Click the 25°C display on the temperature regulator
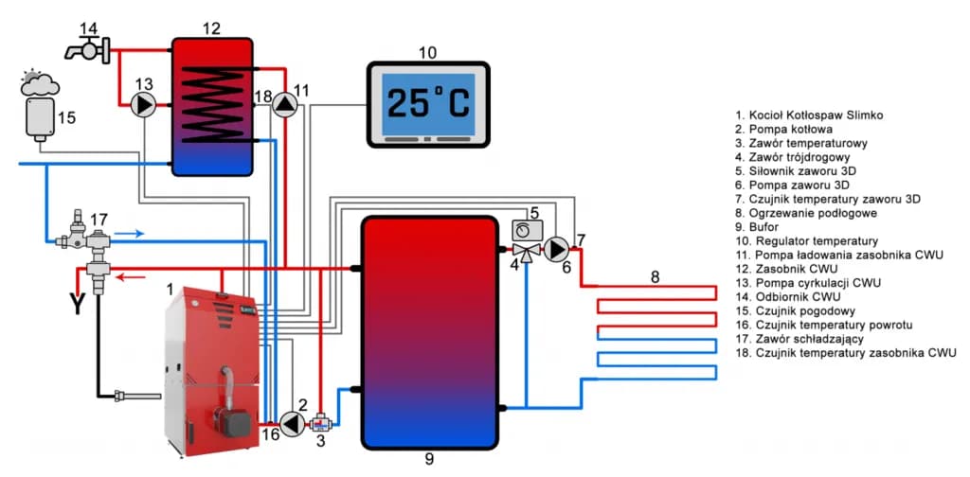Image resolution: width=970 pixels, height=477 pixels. (428, 103)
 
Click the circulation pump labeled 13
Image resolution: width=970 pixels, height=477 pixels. (145, 104)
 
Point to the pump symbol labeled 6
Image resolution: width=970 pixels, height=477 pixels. (558, 250)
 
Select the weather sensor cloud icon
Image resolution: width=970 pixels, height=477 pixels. (38, 86)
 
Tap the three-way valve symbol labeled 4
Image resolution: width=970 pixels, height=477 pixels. (524, 251)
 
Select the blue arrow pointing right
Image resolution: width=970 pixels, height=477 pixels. (132, 231)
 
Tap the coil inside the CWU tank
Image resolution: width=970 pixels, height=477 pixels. (211, 104)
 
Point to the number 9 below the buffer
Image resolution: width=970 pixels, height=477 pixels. (428, 459)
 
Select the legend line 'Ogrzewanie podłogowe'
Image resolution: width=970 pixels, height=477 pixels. (799, 214)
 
